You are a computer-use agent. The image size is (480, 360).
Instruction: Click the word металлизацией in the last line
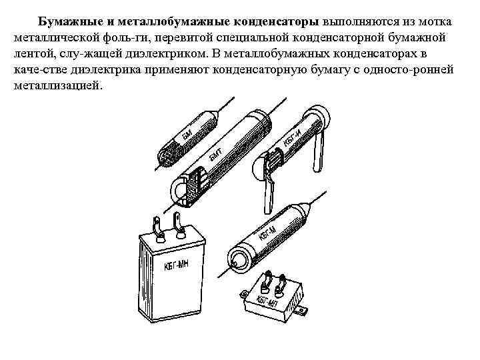(x=57, y=86)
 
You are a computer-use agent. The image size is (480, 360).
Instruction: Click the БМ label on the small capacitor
(x=187, y=135)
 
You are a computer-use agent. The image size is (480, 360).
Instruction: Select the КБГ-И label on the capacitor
(x=293, y=137)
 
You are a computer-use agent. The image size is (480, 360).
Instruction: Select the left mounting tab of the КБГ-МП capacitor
(x=244, y=294)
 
